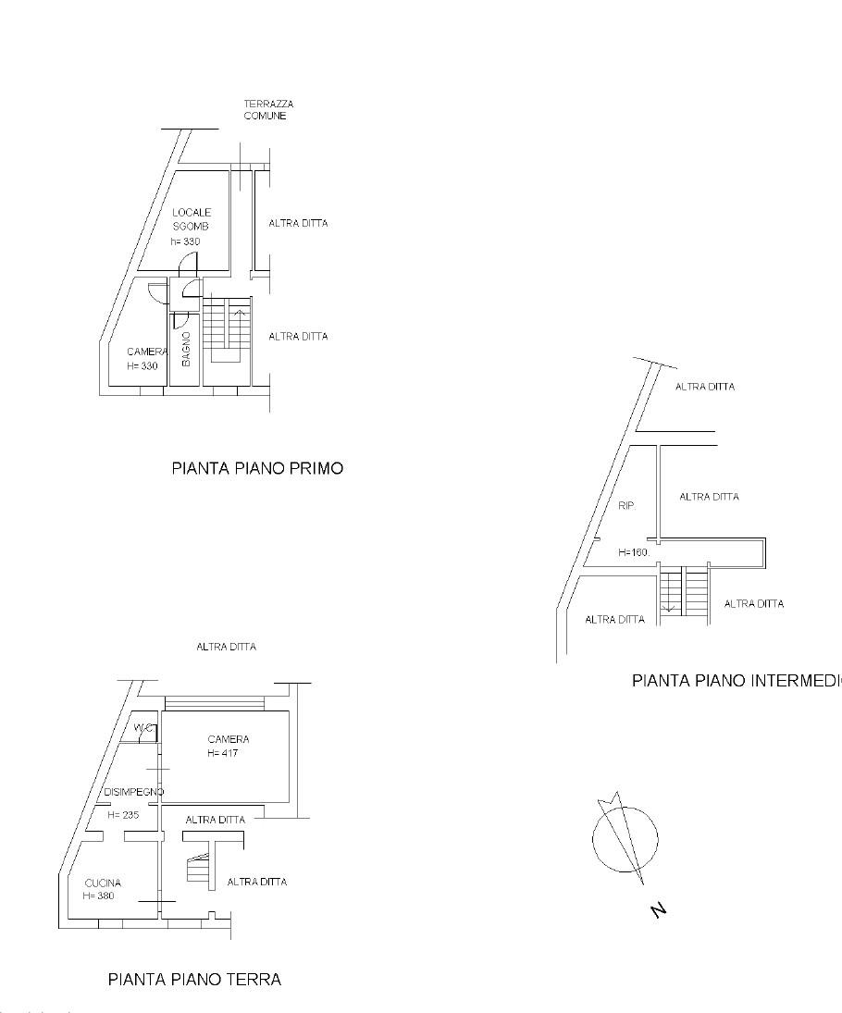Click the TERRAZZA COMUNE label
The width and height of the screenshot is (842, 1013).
[x=268, y=110]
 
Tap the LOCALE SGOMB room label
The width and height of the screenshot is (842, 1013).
[x=192, y=218]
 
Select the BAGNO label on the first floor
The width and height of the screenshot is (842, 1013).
[x=186, y=349]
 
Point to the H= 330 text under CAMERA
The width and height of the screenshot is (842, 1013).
[x=142, y=366]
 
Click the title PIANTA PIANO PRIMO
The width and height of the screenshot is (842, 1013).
[x=257, y=468]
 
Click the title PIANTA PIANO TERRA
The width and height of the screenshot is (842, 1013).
[x=194, y=979]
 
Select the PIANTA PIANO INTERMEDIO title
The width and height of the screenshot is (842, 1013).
[x=737, y=681]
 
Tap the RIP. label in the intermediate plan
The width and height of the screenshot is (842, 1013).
[x=626, y=506]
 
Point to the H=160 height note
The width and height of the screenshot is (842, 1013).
[x=634, y=552]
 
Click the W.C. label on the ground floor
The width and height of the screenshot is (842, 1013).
[x=143, y=728]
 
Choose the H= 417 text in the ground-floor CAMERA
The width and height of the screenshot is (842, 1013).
[x=224, y=753]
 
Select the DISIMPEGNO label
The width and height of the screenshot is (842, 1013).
[x=134, y=792]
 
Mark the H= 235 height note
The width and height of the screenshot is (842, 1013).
[x=123, y=816]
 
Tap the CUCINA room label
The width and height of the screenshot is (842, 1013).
[x=102, y=883]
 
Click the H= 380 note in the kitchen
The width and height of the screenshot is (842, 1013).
[x=99, y=896]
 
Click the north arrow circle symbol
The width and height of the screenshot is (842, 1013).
[x=625, y=839]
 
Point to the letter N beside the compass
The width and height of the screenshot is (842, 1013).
[x=659, y=911]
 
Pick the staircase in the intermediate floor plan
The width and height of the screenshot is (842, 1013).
[x=684, y=592]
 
